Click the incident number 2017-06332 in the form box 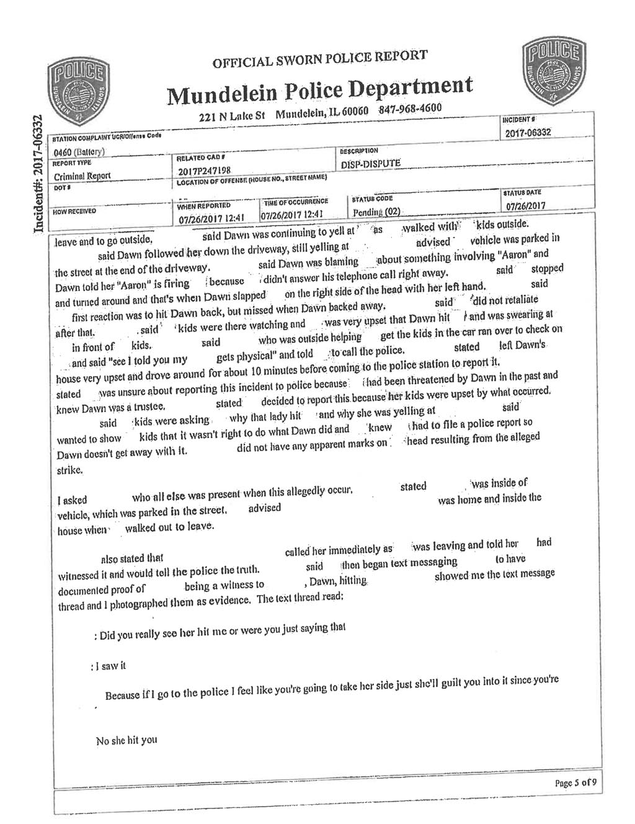pos(528,133)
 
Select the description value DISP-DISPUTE pos(371,164)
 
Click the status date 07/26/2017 pos(525,205)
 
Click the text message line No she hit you pos(127,740)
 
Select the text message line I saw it pos(108,666)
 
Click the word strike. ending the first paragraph pos(69,470)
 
